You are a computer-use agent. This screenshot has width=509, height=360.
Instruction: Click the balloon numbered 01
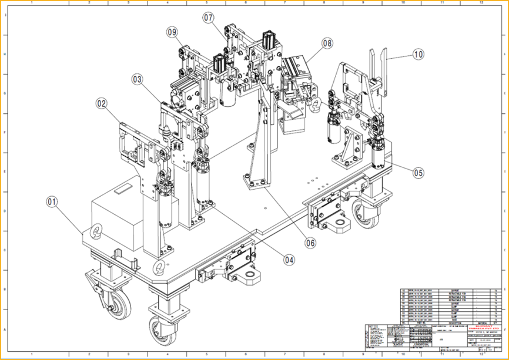(53, 201)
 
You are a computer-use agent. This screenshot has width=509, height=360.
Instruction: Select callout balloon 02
(102, 103)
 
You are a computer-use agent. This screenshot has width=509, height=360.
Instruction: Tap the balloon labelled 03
(138, 79)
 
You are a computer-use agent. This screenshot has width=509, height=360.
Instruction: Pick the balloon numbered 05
(418, 173)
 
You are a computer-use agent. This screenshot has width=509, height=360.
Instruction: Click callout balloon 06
(310, 241)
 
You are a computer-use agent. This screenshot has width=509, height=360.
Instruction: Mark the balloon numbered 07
(209, 18)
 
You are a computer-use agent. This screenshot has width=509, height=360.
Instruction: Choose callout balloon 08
(327, 43)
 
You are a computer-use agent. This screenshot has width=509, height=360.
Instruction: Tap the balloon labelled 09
(172, 32)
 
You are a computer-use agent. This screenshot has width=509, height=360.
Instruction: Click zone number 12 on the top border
(481, 3)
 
